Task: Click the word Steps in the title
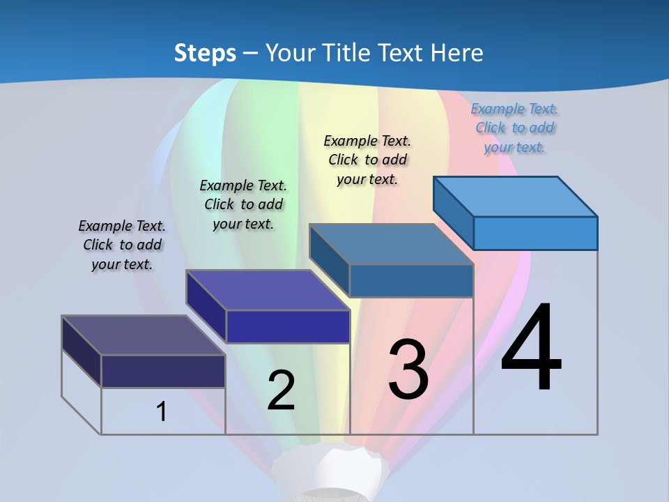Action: [204, 53]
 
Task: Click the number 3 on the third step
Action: [408, 369]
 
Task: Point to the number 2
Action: [281, 390]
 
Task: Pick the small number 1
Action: [162, 411]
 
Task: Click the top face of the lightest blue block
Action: [516, 197]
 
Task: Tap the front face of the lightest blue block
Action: [535, 233]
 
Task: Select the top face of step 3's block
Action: [392, 244]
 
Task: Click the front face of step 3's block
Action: [411, 280]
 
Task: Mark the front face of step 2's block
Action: [288, 326]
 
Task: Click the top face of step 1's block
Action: [144, 335]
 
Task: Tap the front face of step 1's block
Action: [163, 371]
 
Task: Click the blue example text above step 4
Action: [514, 128]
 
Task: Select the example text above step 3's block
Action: [367, 160]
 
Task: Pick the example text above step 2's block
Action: [243, 204]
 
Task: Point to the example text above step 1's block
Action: [122, 245]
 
